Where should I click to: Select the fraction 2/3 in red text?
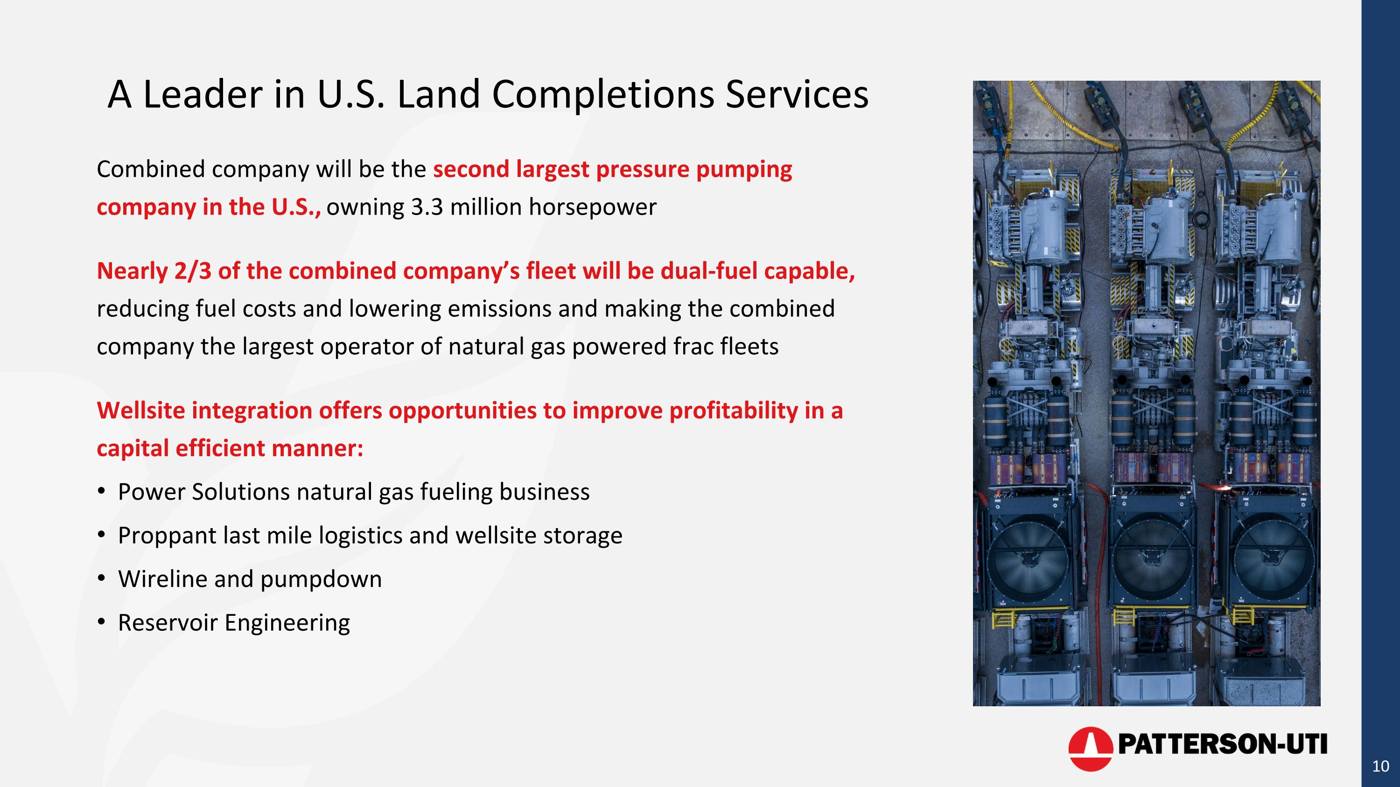pos(192,271)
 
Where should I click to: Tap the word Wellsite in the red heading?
pos(141,410)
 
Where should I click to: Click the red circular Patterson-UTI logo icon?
pos(1090,748)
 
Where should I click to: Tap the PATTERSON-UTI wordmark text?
pos(1222,744)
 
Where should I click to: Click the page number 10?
pos(1380,766)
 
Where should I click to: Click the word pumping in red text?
pos(743,169)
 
